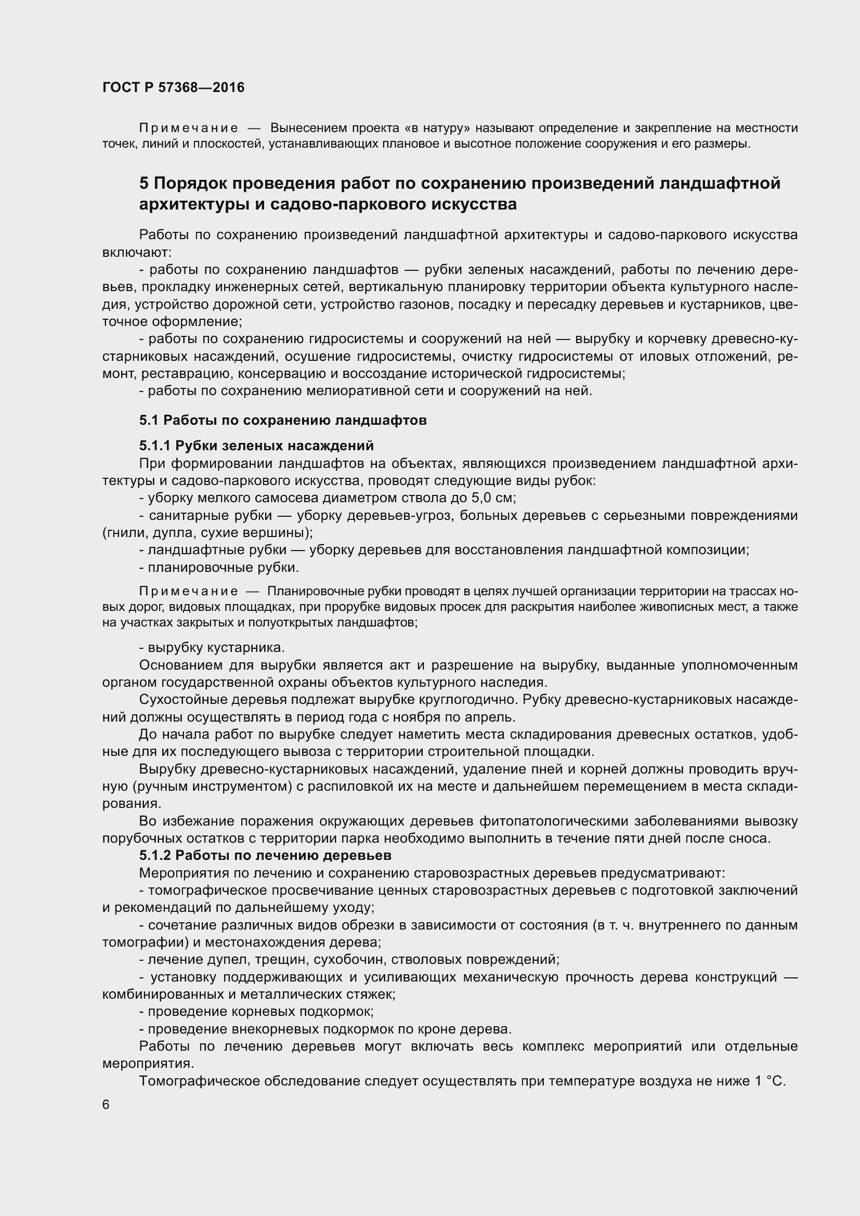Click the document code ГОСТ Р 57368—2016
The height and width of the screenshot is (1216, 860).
(x=173, y=87)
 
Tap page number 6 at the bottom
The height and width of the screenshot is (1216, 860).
(x=106, y=1105)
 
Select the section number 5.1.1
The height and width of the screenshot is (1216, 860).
(x=154, y=446)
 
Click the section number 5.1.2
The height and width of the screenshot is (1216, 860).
(x=154, y=855)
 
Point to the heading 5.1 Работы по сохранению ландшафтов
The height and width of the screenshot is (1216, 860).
(x=283, y=421)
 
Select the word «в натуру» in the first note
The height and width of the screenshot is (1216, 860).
(x=437, y=128)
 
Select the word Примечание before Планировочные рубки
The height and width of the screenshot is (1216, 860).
(x=188, y=591)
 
